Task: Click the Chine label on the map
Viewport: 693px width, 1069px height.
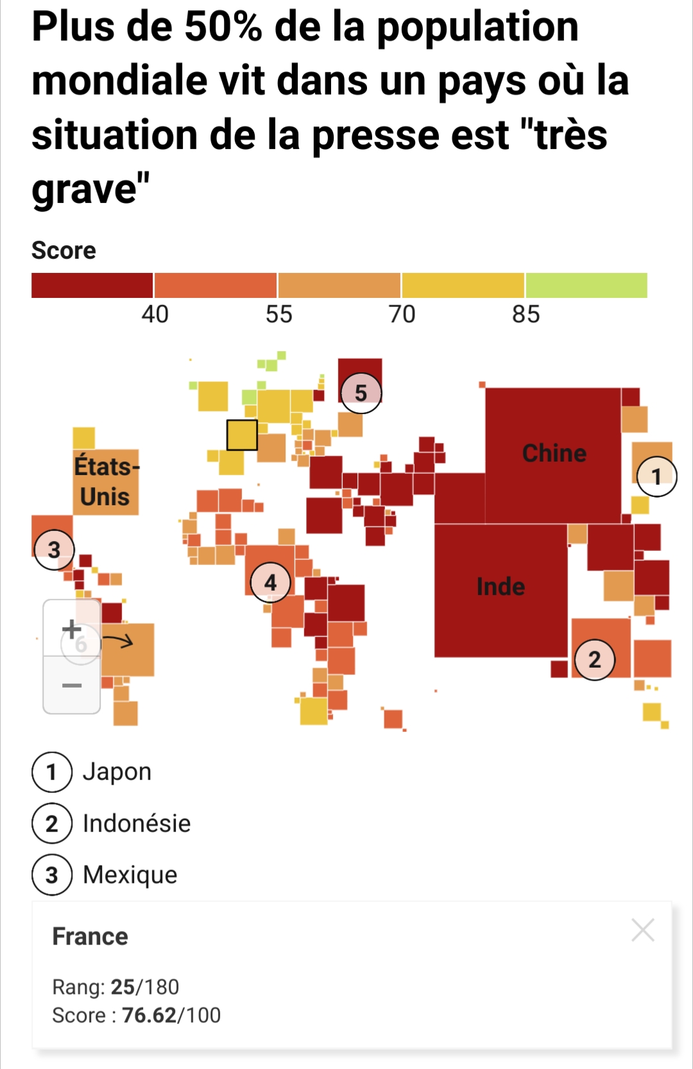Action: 554,453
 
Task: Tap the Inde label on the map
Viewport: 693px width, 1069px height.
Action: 501,587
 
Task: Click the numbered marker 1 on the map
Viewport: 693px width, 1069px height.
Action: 656,476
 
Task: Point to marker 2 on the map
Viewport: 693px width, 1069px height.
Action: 595,659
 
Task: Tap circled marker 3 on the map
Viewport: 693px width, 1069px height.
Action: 54,550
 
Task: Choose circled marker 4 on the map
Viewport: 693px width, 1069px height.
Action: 270,582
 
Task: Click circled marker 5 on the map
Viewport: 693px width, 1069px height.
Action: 361,392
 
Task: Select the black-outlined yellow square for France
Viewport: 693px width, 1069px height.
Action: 242,435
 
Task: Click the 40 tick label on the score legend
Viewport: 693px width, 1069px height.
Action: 155,315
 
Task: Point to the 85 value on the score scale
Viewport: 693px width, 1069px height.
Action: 526,315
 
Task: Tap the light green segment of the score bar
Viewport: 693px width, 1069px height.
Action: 586,285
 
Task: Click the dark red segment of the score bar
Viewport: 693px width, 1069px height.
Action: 92,285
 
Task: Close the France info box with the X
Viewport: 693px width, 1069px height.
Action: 642,930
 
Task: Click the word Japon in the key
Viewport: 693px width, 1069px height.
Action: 117,772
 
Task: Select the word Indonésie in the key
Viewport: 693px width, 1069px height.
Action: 137,823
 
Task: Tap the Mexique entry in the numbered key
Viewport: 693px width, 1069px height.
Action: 130,874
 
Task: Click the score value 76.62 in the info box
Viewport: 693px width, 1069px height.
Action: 149,1015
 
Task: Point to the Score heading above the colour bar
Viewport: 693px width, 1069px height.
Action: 64,250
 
